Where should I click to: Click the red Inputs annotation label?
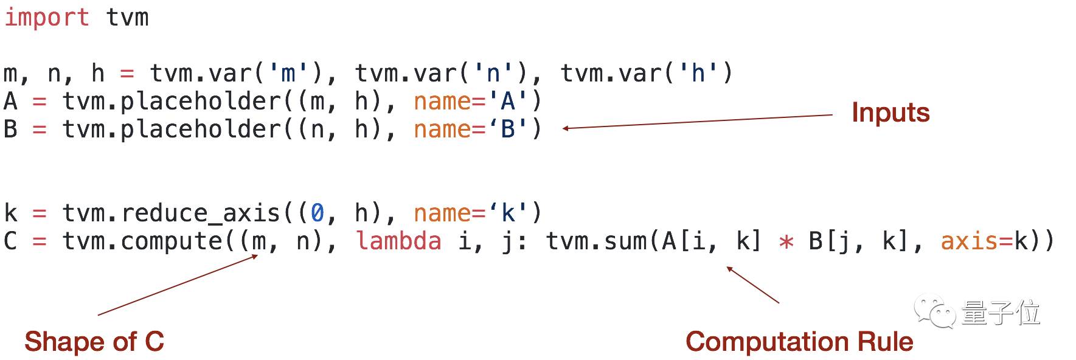pyautogui.click(x=890, y=112)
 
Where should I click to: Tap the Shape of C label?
pyautogui.click(x=94, y=341)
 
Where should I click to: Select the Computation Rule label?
pyautogui.click(x=799, y=341)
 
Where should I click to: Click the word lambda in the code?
pyautogui.click(x=398, y=241)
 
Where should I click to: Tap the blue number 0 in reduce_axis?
pyautogui.click(x=318, y=213)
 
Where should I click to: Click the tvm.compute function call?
pyautogui.click(x=144, y=241)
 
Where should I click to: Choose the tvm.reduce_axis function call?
pyautogui.click(x=170, y=213)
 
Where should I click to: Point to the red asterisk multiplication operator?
pyautogui.click(x=786, y=243)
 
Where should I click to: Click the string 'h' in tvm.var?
pyautogui.click(x=698, y=74)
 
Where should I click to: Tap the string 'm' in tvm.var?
pyautogui.click(x=288, y=74)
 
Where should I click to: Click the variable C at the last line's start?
pyautogui.click(x=10, y=241)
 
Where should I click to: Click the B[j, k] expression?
pyautogui.click(x=859, y=241)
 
